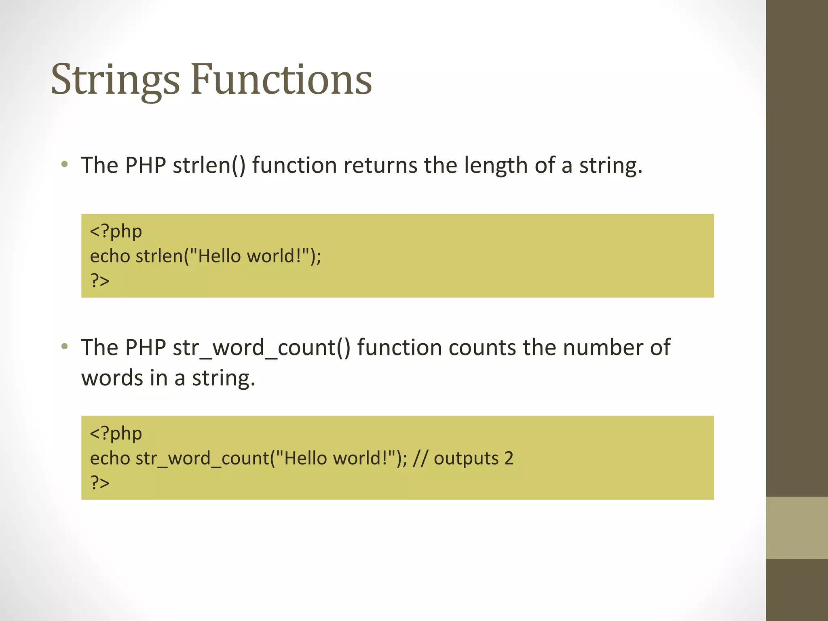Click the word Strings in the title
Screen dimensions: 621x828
point(115,80)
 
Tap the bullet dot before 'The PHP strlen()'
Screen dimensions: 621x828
point(64,164)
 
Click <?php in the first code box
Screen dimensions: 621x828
point(116,231)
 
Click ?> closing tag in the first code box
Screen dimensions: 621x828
point(100,280)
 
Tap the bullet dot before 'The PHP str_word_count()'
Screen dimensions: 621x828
point(64,346)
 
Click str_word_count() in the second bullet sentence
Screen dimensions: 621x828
point(261,348)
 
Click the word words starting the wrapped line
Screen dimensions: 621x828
point(112,378)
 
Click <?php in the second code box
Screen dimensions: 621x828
point(116,433)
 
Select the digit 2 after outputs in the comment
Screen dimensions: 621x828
point(509,458)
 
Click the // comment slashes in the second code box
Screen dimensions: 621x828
point(420,458)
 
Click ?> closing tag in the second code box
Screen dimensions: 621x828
point(100,482)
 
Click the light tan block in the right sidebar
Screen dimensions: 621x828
point(796,528)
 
